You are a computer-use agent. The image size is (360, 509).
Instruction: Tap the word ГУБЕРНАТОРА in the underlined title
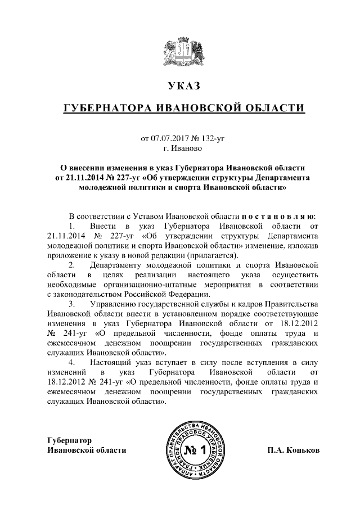click(x=107, y=107)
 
